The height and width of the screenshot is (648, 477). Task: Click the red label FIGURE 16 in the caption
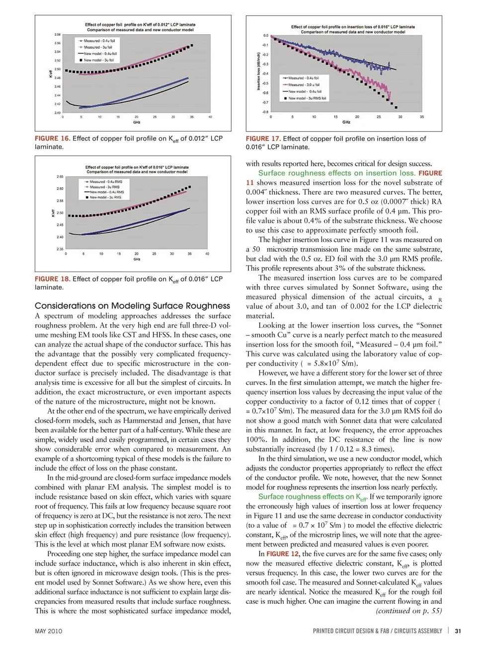click(x=52, y=139)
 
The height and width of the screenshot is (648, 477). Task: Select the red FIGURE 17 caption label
click(x=263, y=139)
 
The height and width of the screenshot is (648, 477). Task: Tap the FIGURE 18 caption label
click(x=52, y=279)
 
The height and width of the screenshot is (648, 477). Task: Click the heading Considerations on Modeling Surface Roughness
click(x=132, y=306)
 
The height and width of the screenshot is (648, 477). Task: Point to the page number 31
click(x=458, y=631)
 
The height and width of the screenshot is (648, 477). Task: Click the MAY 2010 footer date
click(x=49, y=631)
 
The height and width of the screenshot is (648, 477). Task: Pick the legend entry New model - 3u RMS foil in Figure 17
click(x=307, y=98)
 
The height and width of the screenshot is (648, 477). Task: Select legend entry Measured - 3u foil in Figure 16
click(x=98, y=47)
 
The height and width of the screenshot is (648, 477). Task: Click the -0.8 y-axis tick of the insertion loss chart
click(x=265, y=112)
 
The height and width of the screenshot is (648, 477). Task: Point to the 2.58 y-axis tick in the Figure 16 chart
click(x=58, y=35)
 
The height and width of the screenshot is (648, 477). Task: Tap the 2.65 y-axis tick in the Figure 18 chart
click(x=60, y=176)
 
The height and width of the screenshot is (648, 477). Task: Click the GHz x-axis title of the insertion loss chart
click(x=346, y=122)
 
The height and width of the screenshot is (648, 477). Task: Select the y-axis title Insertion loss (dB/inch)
click(x=258, y=71)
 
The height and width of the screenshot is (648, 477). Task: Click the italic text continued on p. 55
click(x=408, y=611)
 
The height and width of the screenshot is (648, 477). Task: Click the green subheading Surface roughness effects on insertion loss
click(x=336, y=173)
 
